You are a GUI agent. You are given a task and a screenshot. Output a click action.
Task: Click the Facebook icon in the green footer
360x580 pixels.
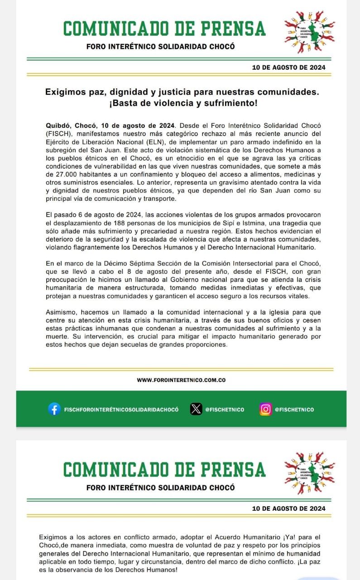point(54,409)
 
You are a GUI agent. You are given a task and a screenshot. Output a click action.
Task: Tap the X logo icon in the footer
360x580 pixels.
point(196,409)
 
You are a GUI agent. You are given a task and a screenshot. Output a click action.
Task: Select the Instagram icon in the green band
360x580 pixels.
point(265,409)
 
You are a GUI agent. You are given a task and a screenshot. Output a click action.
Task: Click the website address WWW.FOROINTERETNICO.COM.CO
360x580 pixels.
point(181,380)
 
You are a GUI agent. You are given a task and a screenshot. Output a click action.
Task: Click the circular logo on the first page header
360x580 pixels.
point(309,32)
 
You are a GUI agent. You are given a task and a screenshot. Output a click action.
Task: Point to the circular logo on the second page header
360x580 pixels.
point(309,473)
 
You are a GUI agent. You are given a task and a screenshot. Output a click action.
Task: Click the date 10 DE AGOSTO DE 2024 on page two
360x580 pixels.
point(288,508)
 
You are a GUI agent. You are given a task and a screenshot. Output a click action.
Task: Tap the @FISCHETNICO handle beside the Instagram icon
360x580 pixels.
point(294,410)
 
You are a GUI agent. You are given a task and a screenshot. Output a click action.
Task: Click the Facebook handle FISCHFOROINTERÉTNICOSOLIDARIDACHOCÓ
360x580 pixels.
point(121,410)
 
